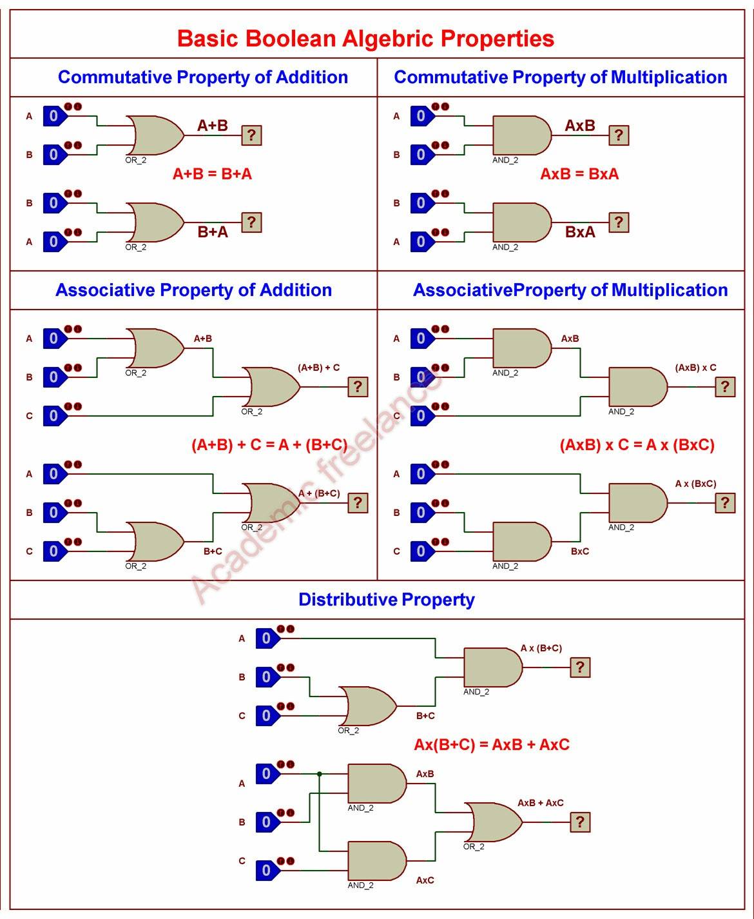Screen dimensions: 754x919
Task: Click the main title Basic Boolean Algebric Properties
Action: [x=365, y=38]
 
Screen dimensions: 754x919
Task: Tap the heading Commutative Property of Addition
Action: [x=203, y=77]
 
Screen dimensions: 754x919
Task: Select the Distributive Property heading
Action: [x=386, y=600]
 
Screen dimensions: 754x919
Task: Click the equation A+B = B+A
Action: [x=212, y=174]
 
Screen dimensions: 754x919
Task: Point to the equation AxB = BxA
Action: [x=579, y=174]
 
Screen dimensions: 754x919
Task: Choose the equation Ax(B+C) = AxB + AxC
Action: [x=492, y=744]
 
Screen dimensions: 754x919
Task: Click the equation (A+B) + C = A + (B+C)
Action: [x=269, y=444]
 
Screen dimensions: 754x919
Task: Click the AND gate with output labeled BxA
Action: [x=522, y=222]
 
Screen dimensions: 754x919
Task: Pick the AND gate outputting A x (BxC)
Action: [x=638, y=502]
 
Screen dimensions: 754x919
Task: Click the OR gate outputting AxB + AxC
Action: [x=493, y=822]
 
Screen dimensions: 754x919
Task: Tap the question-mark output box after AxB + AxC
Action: [x=580, y=822]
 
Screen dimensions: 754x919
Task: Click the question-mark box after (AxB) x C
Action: [x=725, y=386]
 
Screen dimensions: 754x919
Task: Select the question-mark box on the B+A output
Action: [x=251, y=222]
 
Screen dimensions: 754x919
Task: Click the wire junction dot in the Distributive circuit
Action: [x=319, y=774]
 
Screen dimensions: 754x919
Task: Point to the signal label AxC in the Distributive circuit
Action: [x=425, y=880]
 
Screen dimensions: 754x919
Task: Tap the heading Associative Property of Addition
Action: [x=194, y=290]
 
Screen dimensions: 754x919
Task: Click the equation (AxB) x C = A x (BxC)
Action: [x=637, y=444]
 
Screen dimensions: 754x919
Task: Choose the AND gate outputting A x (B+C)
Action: [x=493, y=667]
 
